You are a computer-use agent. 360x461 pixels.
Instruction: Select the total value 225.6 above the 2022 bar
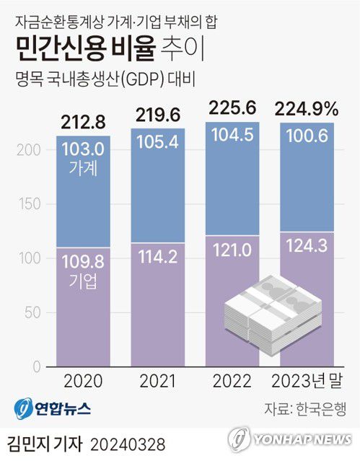coord(232,110)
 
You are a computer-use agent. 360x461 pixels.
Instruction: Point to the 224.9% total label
coord(307,110)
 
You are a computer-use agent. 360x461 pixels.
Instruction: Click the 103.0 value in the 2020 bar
coord(84,150)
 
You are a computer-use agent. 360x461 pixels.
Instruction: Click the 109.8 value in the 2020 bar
coord(84,263)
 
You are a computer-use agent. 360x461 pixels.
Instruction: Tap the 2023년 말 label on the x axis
coord(307,382)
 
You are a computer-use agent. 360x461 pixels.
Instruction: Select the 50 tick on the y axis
coord(30,314)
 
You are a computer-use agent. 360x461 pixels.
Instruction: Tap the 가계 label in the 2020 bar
coord(84,168)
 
